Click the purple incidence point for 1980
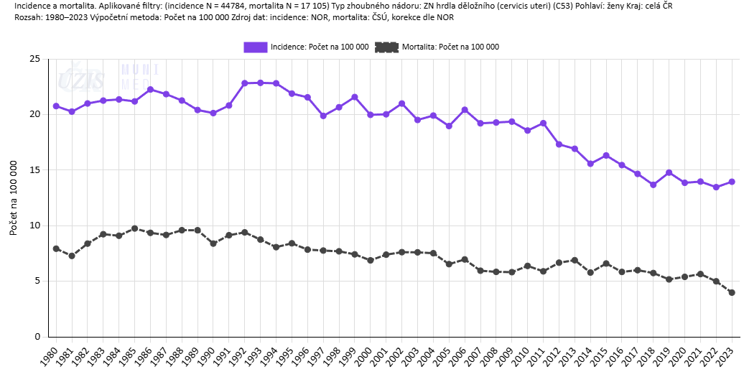[x=56, y=106]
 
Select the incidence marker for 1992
[x=245, y=83]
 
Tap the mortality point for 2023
[x=732, y=292]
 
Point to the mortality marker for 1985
[x=134, y=228]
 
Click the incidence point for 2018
[x=653, y=185]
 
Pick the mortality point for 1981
[x=72, y=256]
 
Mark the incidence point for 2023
[x=732, y=182]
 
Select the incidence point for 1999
[x=355, y=97]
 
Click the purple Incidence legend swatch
[x=255, y=47]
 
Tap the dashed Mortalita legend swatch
[x=386, y=47]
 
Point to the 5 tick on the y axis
[x=37, y=281]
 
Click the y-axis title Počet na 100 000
[x=13, y=197]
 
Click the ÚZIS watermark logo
[x=80, y=78]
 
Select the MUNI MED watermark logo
[x=139, y=75]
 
